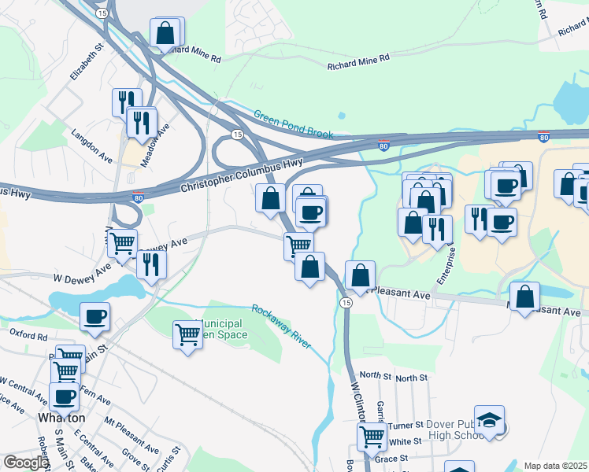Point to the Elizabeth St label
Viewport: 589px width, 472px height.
click(87, 61)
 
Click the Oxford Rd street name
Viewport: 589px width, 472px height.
click(29, 335)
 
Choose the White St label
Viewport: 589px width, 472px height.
click(406, 442)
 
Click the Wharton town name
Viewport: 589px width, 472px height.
click(61, 418)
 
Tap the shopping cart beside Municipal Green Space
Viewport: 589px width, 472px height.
click(188, 334)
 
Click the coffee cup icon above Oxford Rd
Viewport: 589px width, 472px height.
click(94, 316)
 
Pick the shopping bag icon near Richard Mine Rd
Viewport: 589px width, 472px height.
click(165, 33)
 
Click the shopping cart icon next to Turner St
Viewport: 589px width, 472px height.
click(372, 436)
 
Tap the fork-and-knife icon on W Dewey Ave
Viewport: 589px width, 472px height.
click(151, 264)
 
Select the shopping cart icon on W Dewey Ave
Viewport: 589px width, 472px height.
click(122, 243)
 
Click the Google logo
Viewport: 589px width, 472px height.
click(25, 463)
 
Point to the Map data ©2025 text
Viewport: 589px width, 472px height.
click(555, 466)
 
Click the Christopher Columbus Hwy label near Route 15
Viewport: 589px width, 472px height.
click(242, 175)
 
